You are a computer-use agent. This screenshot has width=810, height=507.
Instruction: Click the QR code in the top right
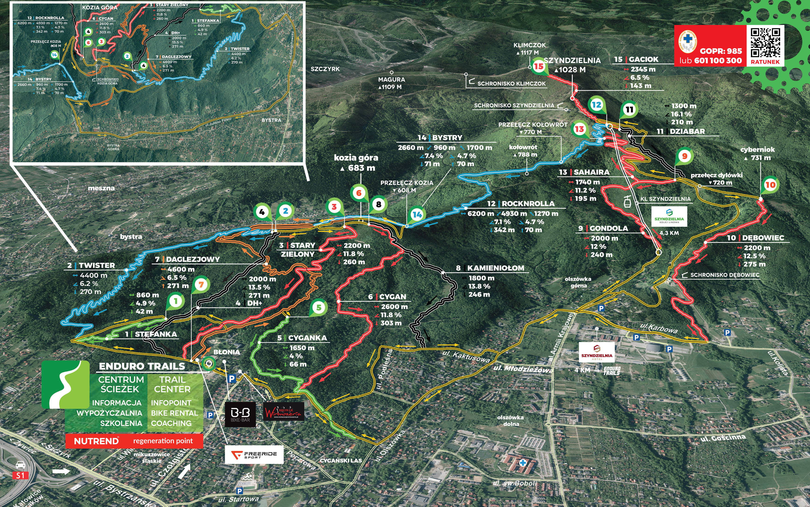[765, 43]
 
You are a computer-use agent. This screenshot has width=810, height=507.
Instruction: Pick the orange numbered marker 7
[201, 285]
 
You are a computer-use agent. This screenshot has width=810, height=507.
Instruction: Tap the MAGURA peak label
[392, 79]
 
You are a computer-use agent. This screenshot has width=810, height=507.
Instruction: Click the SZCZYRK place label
[325, 69]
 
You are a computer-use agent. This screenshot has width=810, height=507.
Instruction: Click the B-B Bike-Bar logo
[240, 414]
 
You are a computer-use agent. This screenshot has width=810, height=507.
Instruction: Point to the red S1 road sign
[20, 475]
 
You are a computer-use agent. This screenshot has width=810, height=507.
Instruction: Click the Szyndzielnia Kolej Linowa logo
[669, 216]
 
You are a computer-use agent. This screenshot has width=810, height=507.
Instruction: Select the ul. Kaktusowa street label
[466, 357]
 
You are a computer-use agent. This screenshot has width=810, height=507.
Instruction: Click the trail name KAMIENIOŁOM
[495, 268]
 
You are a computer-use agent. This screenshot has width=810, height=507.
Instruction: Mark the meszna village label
[101, 188]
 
